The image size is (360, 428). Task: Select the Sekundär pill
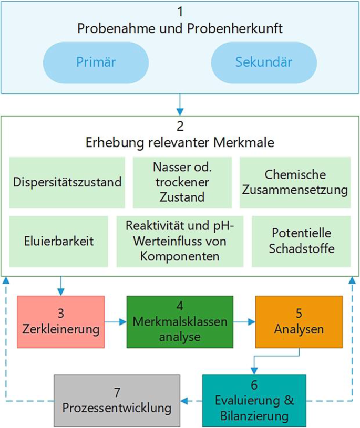coord(263,62)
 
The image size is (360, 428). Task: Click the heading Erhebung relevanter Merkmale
coord(180,143)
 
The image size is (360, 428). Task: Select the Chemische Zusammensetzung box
coord(295,182)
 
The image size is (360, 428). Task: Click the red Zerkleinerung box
coord(61,321)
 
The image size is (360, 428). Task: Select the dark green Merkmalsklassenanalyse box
coord(180,321)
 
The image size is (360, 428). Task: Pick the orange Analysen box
coord(299,321)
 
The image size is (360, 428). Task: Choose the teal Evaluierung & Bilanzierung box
coord(253,400)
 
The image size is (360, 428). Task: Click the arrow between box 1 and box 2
coord(180,104)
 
